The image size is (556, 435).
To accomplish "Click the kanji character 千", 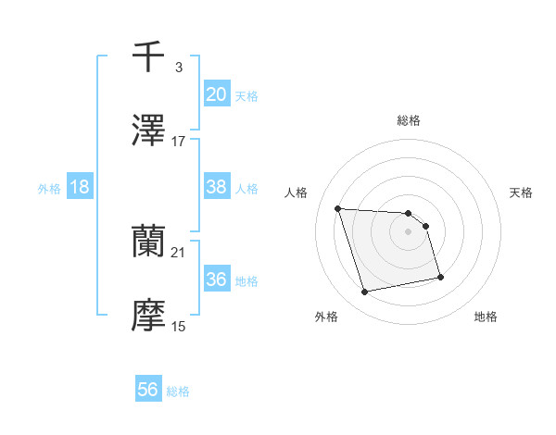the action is pyautogui.click(x=148, y=56).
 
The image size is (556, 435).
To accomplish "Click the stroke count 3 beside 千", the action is pyautogui.click(x=178, y=67).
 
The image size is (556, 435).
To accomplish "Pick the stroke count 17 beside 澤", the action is pyautogui.click(x=179, y=141).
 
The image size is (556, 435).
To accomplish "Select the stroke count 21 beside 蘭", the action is pyautogui.click(x=179, y=252).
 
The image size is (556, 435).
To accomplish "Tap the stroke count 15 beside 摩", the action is pyautogui.click(x=179, y=326).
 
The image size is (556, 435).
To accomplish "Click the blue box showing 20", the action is pyautogui.click(x=216, y=94).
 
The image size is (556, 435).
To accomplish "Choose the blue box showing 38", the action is pyautogui.click(x=216, y=187).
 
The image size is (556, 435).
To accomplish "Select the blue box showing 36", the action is pyautogui.click(x=216, y=280).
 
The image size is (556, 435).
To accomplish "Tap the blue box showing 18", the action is pyautogui.click(x=80, y=187).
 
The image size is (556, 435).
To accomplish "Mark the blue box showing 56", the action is pyautogui.click(x=148, y=391).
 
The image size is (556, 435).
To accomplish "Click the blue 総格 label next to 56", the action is pyautogui.click(x=178, y=391).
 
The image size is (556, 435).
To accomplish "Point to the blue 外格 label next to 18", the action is pyautogui.click(x=49, y=188).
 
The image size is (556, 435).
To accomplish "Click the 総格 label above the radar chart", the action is pyautogui.click(x=409, y=120).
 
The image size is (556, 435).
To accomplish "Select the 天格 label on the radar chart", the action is pyautogui.click(x=521, y=193).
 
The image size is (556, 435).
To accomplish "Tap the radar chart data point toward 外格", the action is pyautogui.click(x=365, y=292).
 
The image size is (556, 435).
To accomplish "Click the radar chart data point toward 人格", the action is pyautogui.click(x=338, y=208).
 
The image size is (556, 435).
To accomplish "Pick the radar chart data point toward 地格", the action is pyautogui.click(x=440, y=277).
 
